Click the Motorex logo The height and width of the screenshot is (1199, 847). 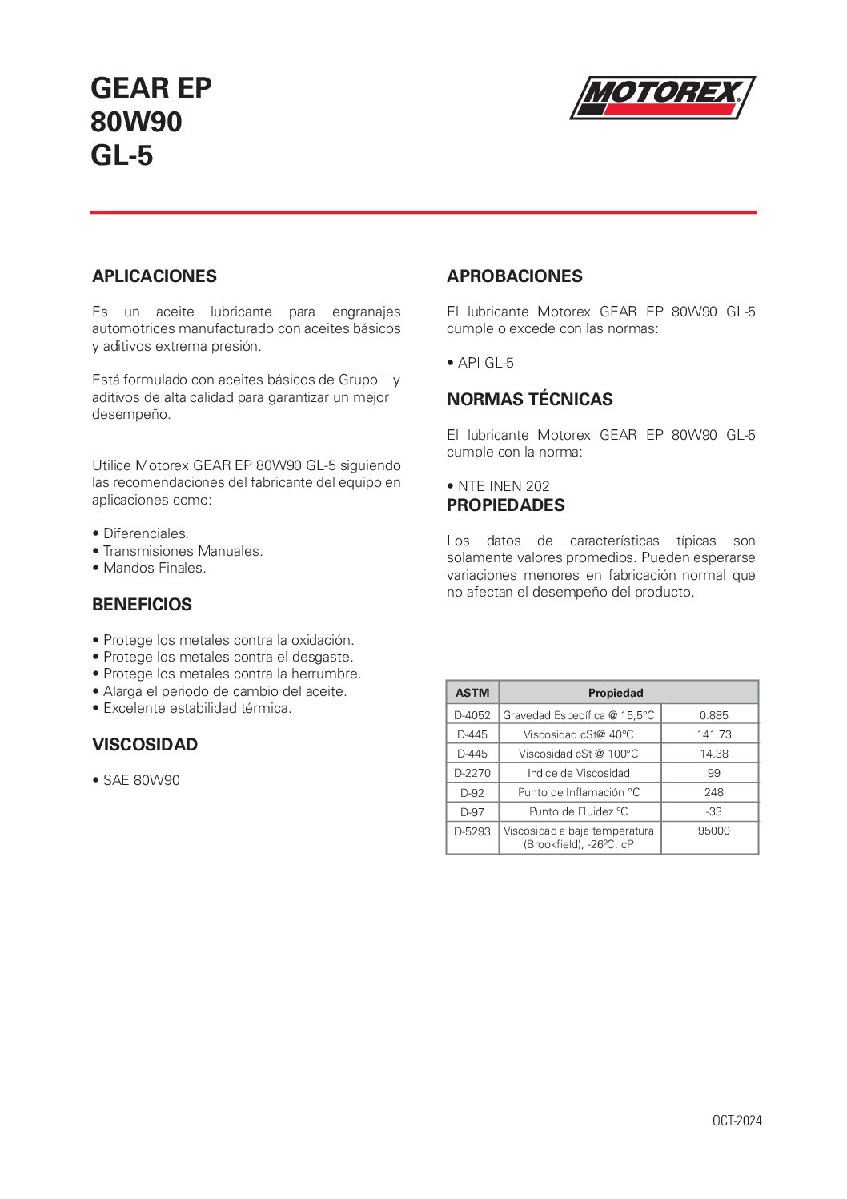(x=662, y=98)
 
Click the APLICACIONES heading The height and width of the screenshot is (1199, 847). (x=155, y=276)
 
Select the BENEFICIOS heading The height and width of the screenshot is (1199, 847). (x=142, y=605)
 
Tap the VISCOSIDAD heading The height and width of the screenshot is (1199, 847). (x=145, y=745)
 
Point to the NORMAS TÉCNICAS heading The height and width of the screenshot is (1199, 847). (x=530, y=400)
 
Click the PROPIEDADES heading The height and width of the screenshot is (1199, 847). (x=506, y=505)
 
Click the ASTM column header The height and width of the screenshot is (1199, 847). (x=472, y=693)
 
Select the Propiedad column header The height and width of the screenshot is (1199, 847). (x=616, y=693)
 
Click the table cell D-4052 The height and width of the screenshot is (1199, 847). (x=472, y=715)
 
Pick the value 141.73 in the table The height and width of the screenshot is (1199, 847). (x=714, y=734)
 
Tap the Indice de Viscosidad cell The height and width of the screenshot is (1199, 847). (x=579, y=773)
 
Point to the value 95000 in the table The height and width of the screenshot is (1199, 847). (x=714, y=831)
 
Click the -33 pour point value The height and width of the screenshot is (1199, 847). (x=714, y=811)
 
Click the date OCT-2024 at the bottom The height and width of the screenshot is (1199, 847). (x=737, y=1121)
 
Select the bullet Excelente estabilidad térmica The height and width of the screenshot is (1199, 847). (x=197, y=708)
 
